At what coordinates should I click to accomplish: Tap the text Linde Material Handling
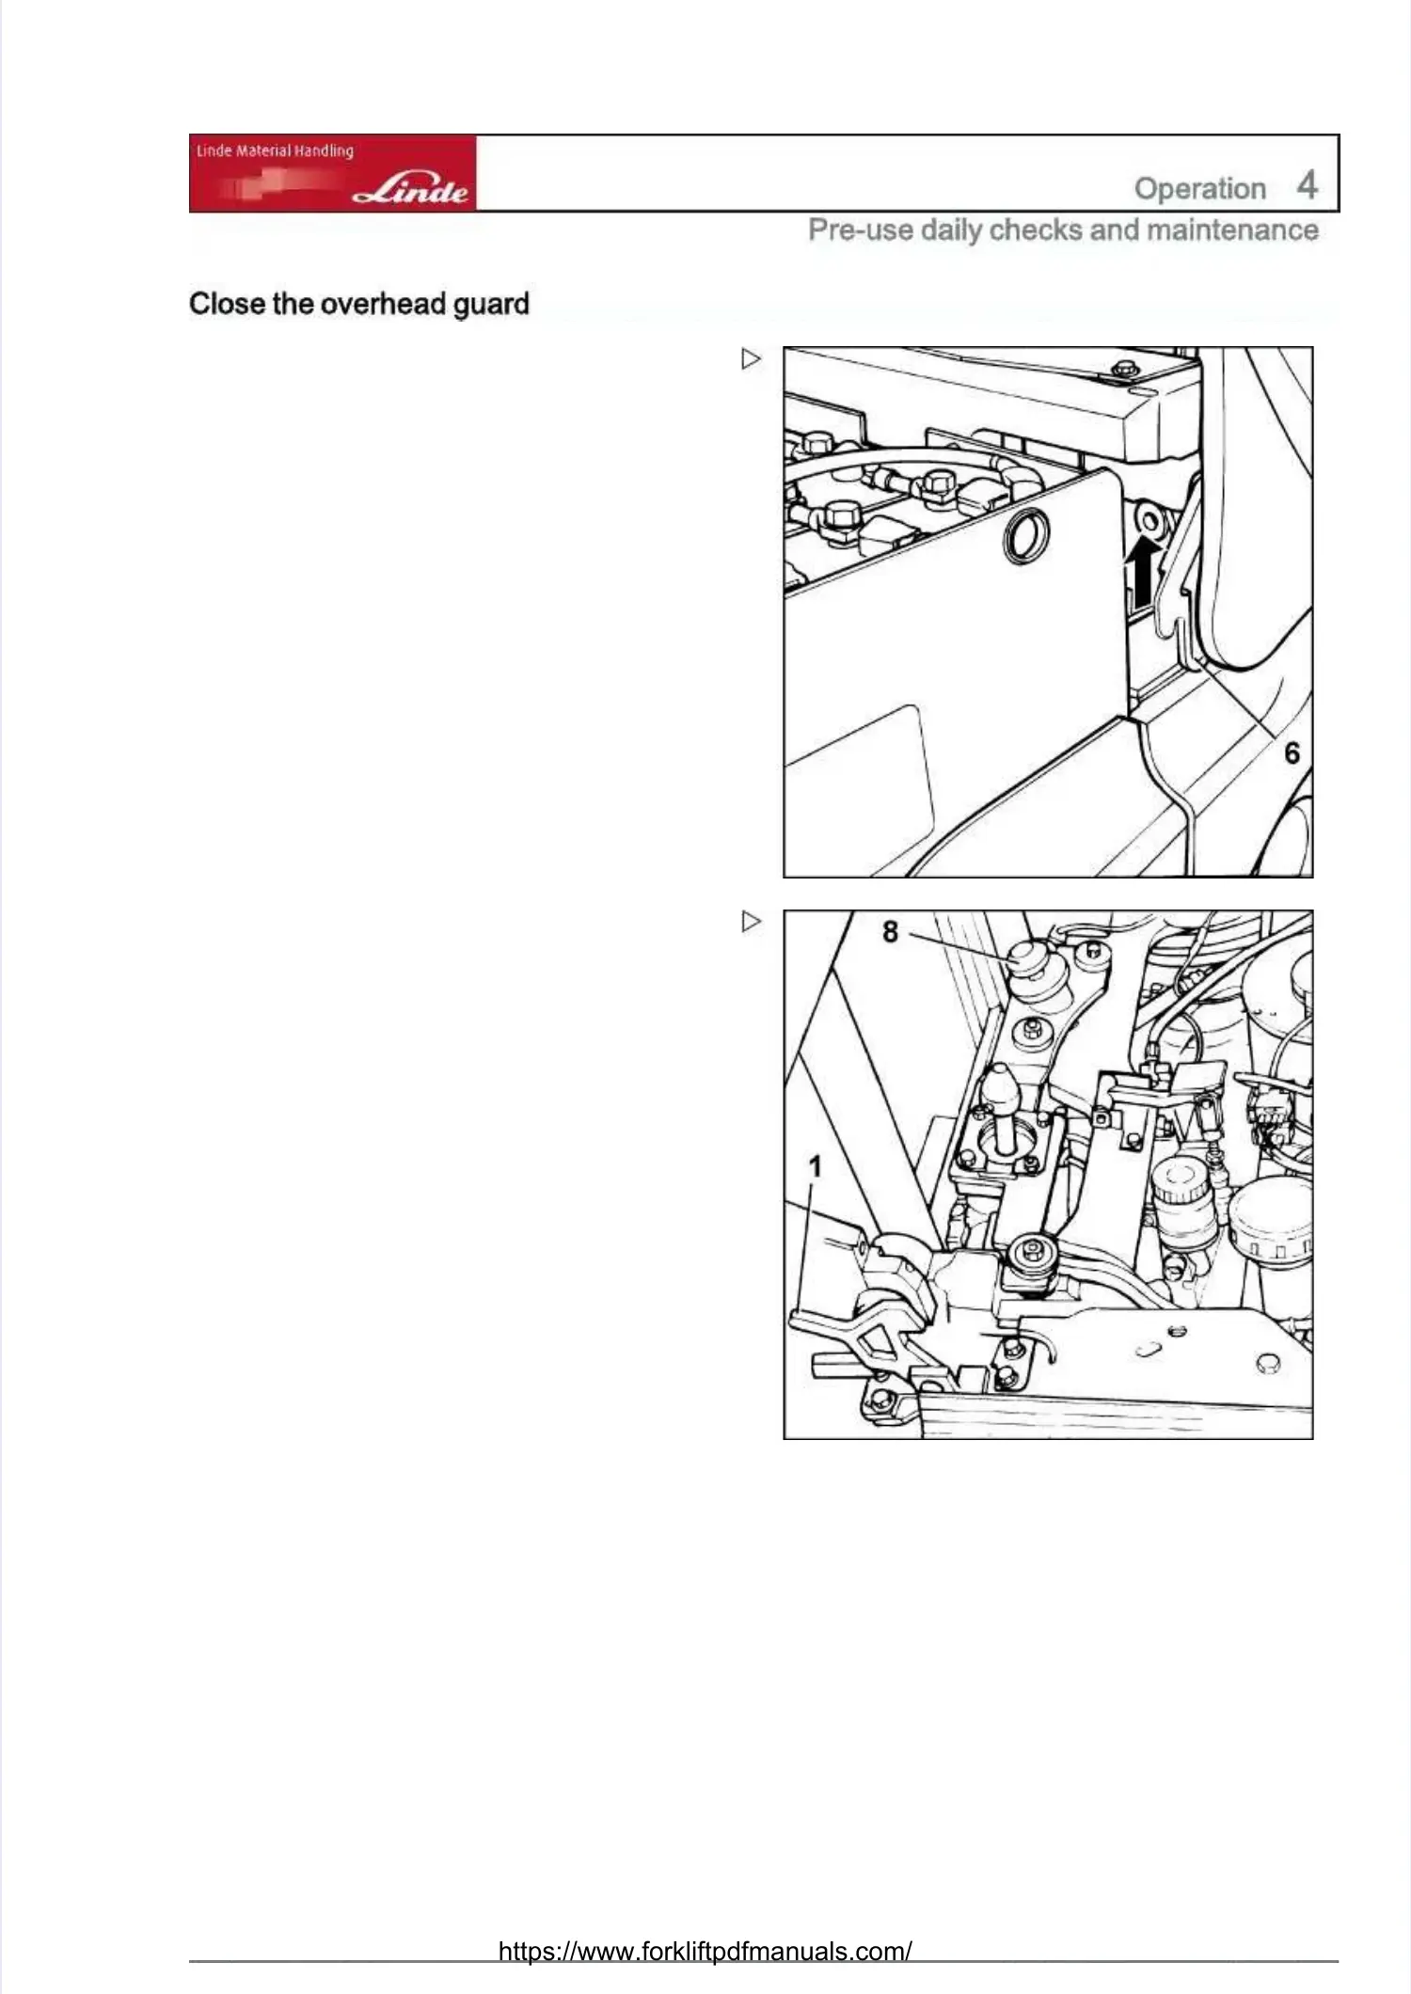(x=275, y=150)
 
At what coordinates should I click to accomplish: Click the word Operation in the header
(x=1199, y=188)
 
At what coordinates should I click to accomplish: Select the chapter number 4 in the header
(x=1307, y=185)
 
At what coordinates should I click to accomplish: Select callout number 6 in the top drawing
(x=1292, y=752)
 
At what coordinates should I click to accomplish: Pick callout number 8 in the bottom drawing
(x=890, y=931)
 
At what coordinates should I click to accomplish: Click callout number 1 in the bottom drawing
(x=815, y=1166)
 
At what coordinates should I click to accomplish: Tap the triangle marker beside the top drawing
(x=751, y=359)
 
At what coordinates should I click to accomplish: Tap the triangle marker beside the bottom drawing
(x=751, y=922)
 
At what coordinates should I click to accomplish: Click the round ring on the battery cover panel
(x=1024, y=535)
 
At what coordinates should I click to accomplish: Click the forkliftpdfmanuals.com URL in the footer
(x=705, y=1951)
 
